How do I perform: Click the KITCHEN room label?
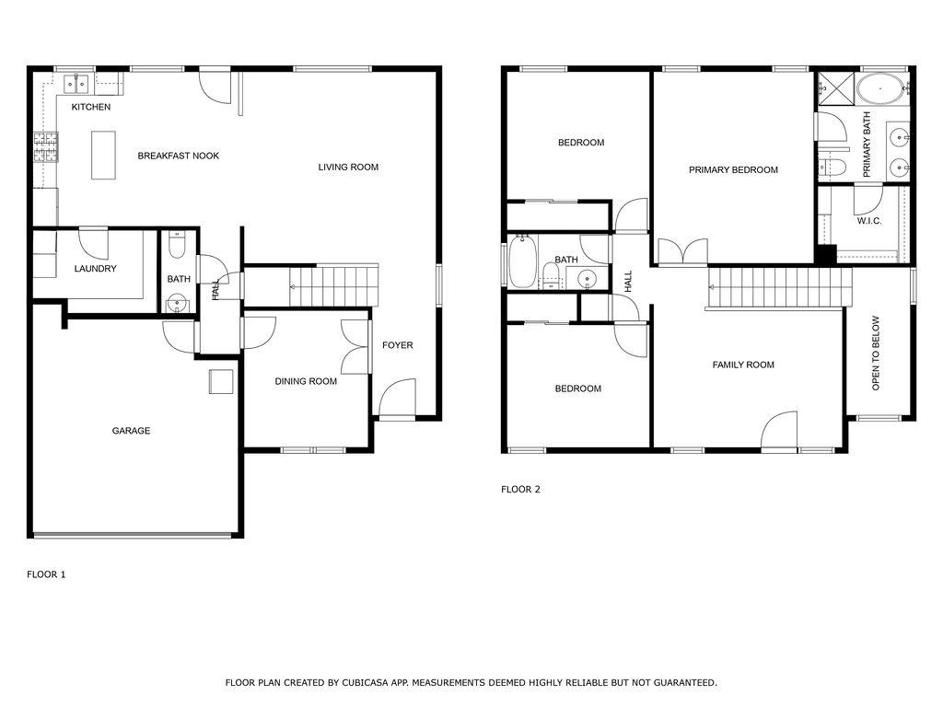click(91, 107)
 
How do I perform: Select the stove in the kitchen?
click(45, 148)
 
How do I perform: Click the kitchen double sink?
click(76, 84)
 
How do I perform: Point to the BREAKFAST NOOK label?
click(178, 156)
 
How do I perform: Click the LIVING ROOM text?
click(348, 167)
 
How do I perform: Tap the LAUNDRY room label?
click(96, 269)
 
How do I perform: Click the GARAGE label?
click(131, 431)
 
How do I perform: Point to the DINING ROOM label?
click(306, 381)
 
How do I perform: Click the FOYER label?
click(398, 345)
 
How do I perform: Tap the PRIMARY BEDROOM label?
click(733, 169)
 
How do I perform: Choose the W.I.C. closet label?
click(869, 221)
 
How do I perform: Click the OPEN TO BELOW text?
click(876, 353)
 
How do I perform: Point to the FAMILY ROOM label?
click(743, 365)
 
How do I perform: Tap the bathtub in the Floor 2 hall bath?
click(521, 261)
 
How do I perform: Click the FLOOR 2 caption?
click(520, 489)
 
